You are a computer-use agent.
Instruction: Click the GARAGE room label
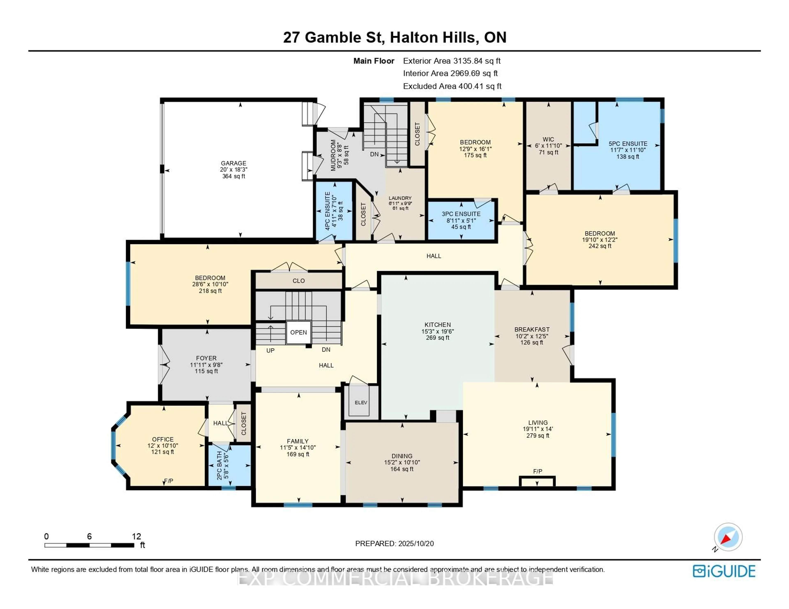(x=233, y=163)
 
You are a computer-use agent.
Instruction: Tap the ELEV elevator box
(x=361, y=402)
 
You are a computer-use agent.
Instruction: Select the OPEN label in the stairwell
(x=298, y=332)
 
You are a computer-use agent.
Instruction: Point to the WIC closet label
(x=548, y=139)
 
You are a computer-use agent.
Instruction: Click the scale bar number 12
(x=136, y=536)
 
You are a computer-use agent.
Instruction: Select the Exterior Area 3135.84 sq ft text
(x=452, y=61)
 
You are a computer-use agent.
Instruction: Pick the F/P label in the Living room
(x=538, y=471)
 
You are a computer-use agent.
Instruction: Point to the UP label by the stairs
(x=270, y=351)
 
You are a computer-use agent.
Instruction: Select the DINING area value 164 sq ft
(x=402, y=469)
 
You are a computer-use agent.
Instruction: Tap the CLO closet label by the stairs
(x=298, y=281)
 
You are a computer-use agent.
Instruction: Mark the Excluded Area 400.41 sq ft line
(x=452, y=86)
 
